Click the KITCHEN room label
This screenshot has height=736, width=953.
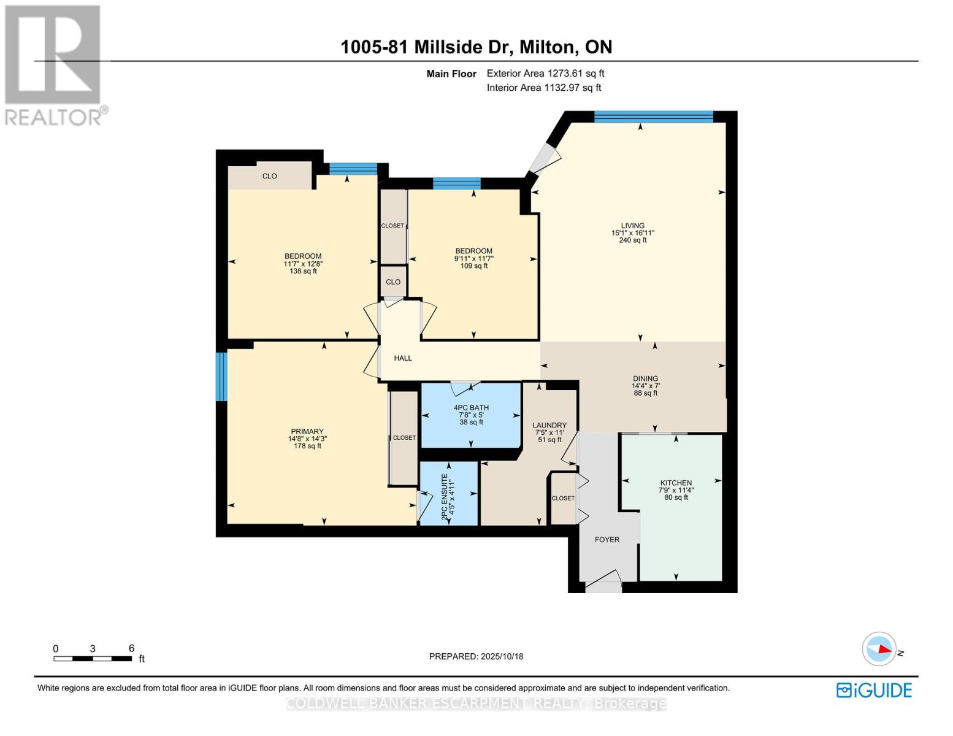[676, 483]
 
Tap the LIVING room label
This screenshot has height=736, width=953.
[632, 226]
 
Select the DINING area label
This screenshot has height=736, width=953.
[645, 379]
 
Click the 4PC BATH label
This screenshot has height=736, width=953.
[471, 408]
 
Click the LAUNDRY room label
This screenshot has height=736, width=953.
[549, 426]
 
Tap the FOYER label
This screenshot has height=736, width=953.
[607, 540]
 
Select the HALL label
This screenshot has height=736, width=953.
[403, 358]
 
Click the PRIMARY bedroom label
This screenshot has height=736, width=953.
[307, 432]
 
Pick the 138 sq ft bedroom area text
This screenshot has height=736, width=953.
[303, 271]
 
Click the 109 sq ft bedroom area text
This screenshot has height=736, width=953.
[474, 266]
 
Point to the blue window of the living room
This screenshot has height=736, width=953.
[654, 117]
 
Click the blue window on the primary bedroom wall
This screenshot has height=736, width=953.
[221, 377]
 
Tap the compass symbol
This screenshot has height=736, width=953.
[879, 649]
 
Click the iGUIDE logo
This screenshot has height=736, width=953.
[874, 690]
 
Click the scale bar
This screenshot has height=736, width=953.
[93, 659]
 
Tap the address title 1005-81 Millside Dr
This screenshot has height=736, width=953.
[476, 47]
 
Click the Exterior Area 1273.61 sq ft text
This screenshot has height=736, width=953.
[545, 73]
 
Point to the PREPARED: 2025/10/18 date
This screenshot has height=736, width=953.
[476, 656]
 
